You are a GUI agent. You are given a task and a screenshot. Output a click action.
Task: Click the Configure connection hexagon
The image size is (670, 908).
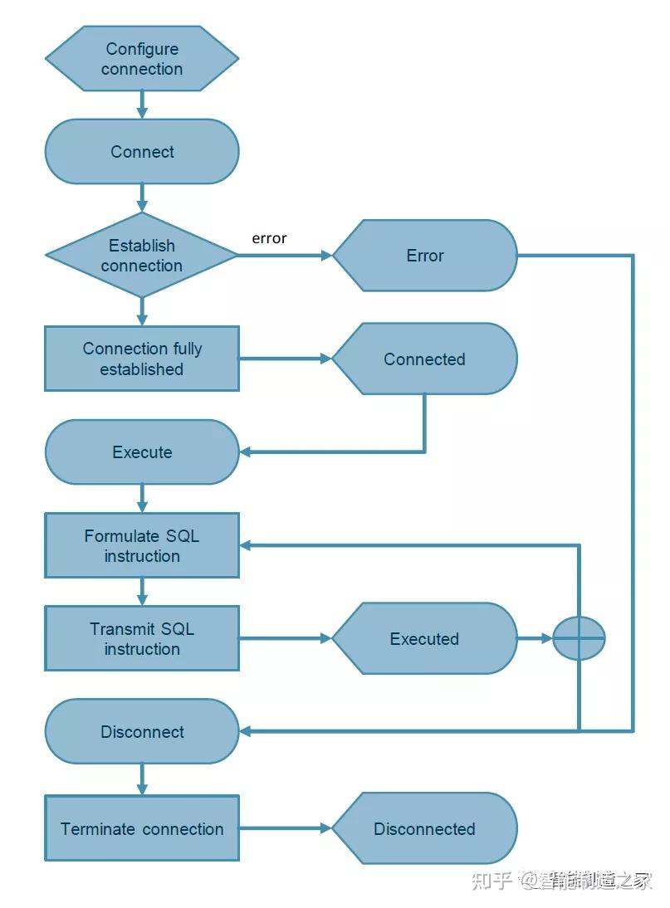[142, 58]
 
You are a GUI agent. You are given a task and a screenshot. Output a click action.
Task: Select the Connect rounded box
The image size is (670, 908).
[142, 152]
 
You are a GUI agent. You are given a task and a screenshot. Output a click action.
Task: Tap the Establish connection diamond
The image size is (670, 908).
[142, 255]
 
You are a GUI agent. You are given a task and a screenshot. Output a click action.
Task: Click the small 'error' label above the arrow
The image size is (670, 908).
[269, 238]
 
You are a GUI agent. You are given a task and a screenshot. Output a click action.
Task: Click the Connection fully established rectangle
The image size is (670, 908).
[142, 359]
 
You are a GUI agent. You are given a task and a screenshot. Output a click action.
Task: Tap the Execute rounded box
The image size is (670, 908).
[142, 452]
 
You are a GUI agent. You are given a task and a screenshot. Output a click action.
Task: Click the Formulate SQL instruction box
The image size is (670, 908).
[142, 545]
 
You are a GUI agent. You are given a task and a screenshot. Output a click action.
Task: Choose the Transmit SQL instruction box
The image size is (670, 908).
[142, 639]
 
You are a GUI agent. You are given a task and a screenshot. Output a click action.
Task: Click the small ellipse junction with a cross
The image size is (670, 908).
[579, 638]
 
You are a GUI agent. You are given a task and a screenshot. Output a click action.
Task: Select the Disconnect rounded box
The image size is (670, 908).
[142, 731]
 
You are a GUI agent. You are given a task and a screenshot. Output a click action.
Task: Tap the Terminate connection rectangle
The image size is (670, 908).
[142, 828]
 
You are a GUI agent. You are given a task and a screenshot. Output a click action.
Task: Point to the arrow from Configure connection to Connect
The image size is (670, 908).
[142, 105]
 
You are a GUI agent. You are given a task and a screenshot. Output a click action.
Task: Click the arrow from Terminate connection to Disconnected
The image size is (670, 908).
[286, 828]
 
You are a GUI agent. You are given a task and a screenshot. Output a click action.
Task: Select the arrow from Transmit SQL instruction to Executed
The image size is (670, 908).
[286, 639]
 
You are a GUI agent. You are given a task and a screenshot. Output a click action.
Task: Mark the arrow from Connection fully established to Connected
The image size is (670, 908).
[286, 359]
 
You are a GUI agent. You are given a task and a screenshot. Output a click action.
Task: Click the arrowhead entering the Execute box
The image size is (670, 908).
[246, 452]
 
